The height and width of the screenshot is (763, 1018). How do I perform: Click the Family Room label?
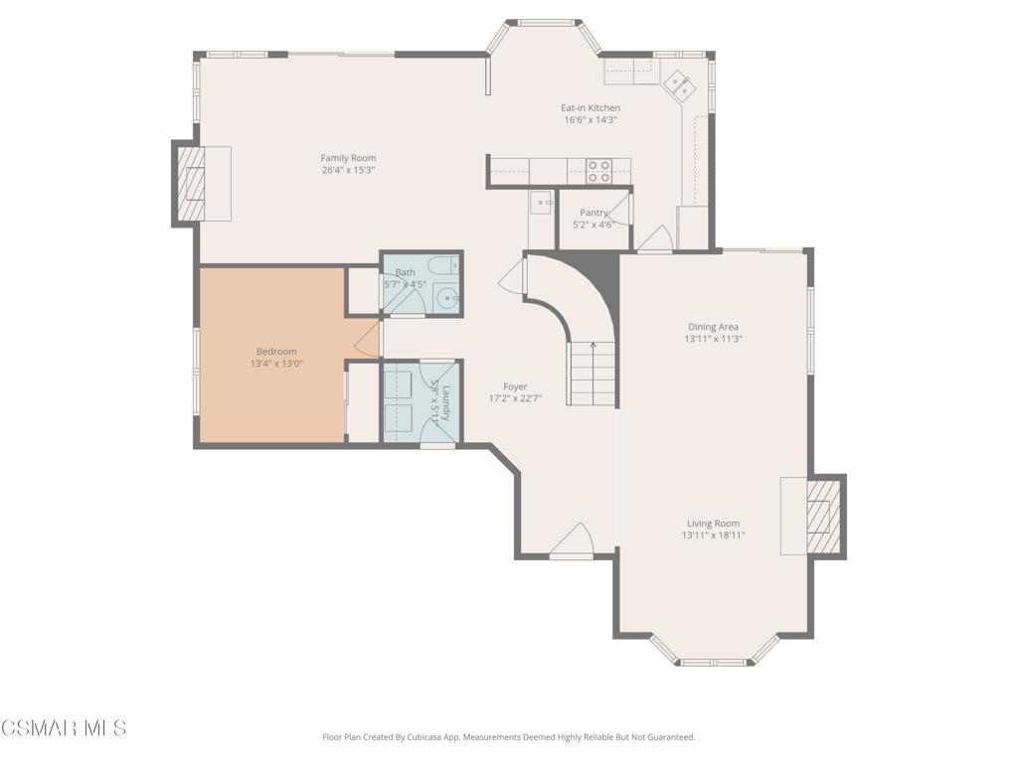point(349,158)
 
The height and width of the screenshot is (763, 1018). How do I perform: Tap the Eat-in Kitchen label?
point(591,107)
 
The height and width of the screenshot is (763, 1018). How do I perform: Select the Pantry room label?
point(594,213)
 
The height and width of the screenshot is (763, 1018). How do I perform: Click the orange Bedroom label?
point(276,352)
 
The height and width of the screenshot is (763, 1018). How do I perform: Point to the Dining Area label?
point(713,327)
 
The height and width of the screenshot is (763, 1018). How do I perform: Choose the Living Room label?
point(713,524)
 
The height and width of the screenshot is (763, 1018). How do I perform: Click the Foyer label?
point(515,386)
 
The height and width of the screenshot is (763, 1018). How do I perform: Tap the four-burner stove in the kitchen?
point(598,171)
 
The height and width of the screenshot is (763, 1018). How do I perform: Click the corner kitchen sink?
point(678,85)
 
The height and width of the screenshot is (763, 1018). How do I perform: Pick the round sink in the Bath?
point(447,298)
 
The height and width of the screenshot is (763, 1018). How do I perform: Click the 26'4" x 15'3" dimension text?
point(349,170)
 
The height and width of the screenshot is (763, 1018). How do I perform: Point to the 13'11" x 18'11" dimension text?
point(713,535)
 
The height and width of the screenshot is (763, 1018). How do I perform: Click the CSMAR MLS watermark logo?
point(64,727)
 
